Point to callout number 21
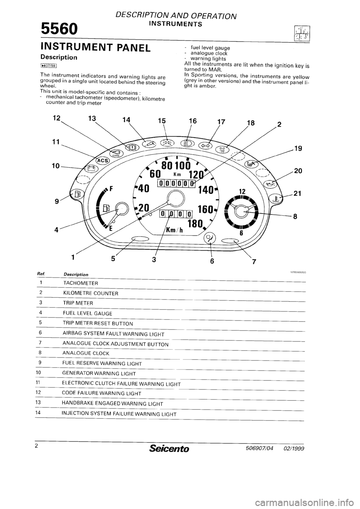pyautogui.click(x=297, y=194)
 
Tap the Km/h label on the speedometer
pyautogui.click(x=173, y=231)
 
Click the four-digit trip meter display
pyautogui.click(x=175, y=214)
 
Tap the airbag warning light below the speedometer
pyautogui.click(x=209, y=237)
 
